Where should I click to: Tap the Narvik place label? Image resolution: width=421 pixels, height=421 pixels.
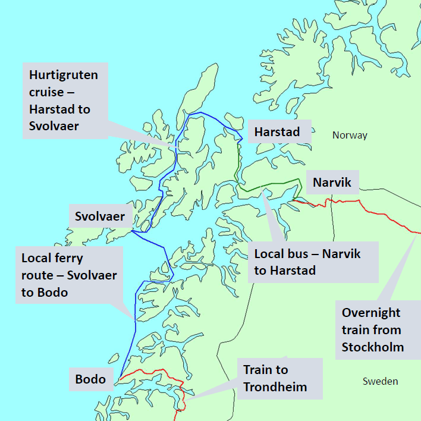point(332,182)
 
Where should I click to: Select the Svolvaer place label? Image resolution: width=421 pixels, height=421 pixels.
point(100,216)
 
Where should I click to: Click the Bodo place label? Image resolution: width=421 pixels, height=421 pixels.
point(90,379)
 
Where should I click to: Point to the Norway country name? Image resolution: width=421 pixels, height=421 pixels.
point(350,135)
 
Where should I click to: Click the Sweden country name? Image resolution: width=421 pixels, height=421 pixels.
point(380,381)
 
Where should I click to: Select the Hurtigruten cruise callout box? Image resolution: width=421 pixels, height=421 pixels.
point(65,100)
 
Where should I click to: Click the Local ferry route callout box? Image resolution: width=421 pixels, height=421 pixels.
point(69,275)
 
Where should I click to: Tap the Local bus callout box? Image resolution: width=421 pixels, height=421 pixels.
point(313,262)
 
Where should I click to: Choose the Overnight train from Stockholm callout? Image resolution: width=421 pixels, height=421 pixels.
point(378,329)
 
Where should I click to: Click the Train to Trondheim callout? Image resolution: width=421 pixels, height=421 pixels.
point(279,378)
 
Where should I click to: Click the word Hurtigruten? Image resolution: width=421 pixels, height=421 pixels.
point(64,76)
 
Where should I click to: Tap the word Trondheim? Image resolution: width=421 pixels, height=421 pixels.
point(275,387)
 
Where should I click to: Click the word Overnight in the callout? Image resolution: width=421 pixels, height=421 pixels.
point(371,313)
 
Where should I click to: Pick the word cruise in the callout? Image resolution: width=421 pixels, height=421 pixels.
point(46,92)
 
